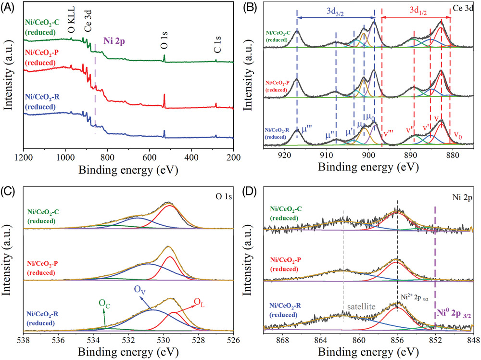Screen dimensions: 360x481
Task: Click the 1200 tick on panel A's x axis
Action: tap(23, 157)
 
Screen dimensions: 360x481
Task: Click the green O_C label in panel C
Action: tap(103, 303)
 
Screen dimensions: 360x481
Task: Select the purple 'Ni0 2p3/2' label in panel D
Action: tap(454, 313)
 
